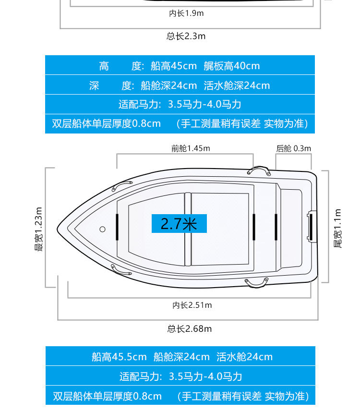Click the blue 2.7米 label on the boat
click(x=179, y=224)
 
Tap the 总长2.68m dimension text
click(x=189, y=329)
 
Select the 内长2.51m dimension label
click(x=192, y=305)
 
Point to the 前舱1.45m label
click(x=191, y=148)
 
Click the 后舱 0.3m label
click(x=293, y=148)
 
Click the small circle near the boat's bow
click(x=102, y=230)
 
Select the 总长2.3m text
click(x=186, y=36)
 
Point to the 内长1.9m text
click(x=186, y=13)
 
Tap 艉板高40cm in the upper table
click(x=231, y=66)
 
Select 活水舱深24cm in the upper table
click(x=237, y=86)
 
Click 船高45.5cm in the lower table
click(x=119, y=357)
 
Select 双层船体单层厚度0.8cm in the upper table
click(x=107, y=123)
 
